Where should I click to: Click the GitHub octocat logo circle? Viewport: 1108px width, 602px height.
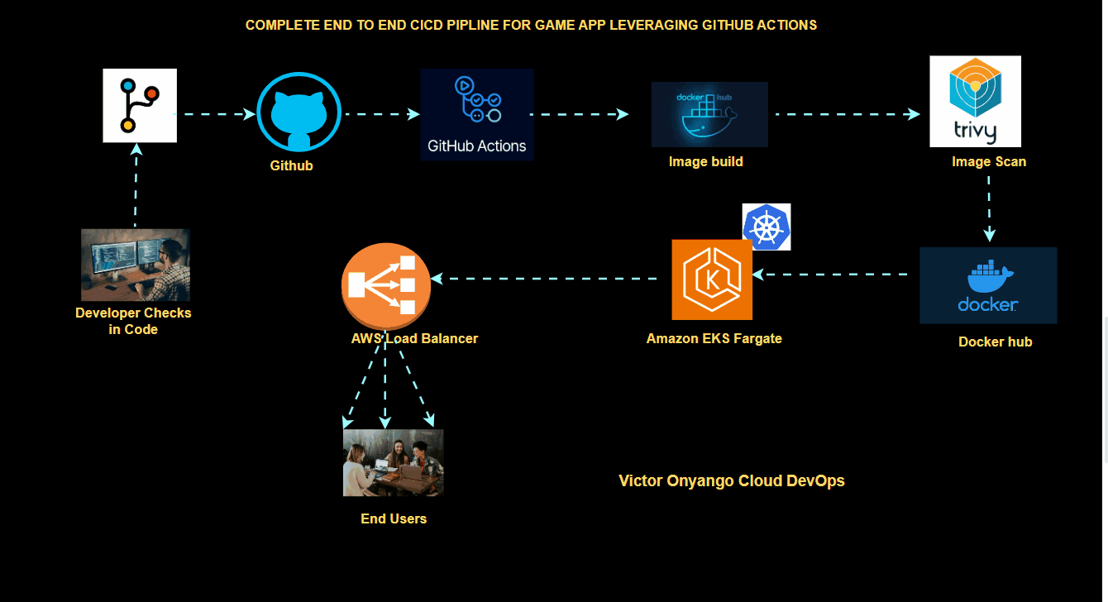[x=298, y=113]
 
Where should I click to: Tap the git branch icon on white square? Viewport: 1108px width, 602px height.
[x=140, y=105]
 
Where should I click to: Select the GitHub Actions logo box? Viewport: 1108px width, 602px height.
[x=476, y=114]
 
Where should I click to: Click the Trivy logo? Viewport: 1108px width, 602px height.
[x=975, y=101]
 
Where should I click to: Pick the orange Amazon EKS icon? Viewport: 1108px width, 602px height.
[x=712, y=279]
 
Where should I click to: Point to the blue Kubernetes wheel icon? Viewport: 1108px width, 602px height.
[x=767, y=227]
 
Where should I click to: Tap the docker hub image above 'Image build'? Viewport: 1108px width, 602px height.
[x=709, y=114]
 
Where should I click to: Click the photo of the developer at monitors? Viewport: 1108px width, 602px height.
[x=135, y=265]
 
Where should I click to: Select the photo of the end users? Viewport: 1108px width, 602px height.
[x=393, y=462]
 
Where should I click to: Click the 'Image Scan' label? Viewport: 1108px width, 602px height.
[x=988, y=162]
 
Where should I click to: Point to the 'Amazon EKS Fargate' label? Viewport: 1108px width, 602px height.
[x=714, y=338]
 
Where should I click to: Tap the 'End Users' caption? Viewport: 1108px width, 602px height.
[x=394, y=519]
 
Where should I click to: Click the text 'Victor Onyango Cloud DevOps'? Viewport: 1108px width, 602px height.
[x=731, y=480]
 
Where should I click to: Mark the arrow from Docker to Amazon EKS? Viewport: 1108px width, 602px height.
[x=835, y=275]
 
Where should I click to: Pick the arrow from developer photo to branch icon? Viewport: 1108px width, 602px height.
[x=136, y=186]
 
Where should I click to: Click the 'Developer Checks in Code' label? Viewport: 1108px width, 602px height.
[x=133, y=321]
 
